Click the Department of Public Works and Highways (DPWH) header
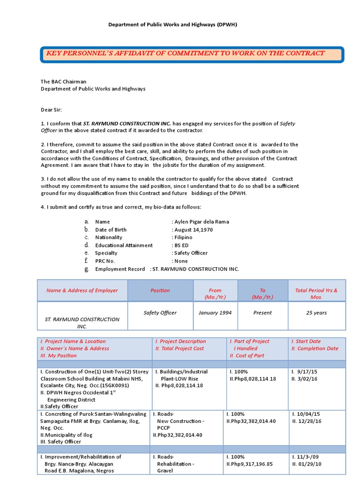pyautogui.click(x=173, y=24)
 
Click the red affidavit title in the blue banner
pyautogui.click(x=185, y=53)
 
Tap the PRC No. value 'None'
pyautogui.click(x=181, y=261)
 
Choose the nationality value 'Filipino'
pyautogui.click(x=183, y=237)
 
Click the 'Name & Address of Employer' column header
pyautogui.click(x=82, y=291)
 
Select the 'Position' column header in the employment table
pyautogui.click(x=160, y=291)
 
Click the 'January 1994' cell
pyautogui.click(x=215, y=313)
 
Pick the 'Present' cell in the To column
pyautogui.click(x=262, y=313)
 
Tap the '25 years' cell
pyautogui.click(x=316, y=313)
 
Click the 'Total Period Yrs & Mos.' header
pyautogui.click(x=316, y=293)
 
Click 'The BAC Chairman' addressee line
pyautogui.click(x=63, y=82)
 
